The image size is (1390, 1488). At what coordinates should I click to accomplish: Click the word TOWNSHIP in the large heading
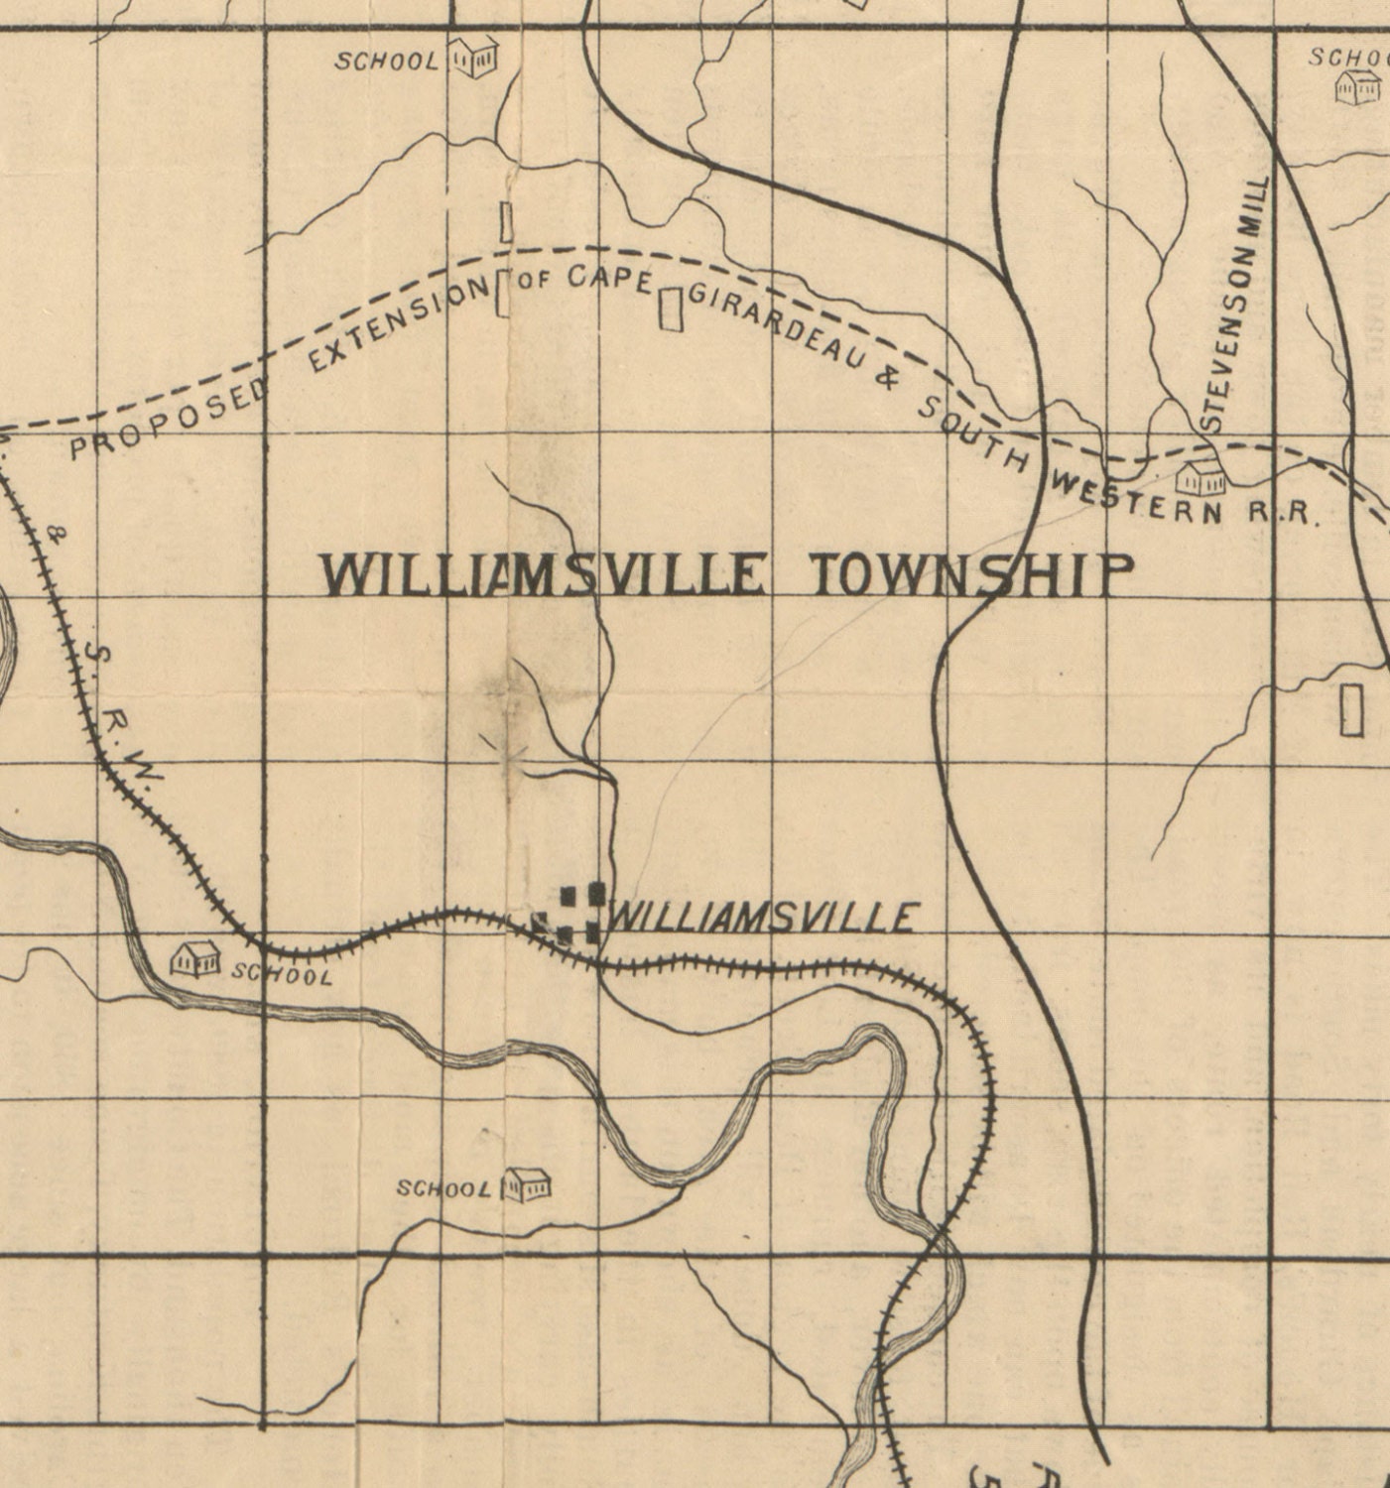(971, 575)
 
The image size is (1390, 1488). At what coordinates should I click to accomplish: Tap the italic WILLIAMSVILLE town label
(762, 917)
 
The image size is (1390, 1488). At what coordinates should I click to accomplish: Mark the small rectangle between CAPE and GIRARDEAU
(672, 308)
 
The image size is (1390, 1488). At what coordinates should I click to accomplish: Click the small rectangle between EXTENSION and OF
(502, 293)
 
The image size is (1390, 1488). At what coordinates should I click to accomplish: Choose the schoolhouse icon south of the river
(526, 1184)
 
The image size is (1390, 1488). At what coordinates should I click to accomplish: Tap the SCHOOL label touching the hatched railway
(282, 974)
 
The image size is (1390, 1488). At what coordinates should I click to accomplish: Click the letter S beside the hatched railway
(95, 653)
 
